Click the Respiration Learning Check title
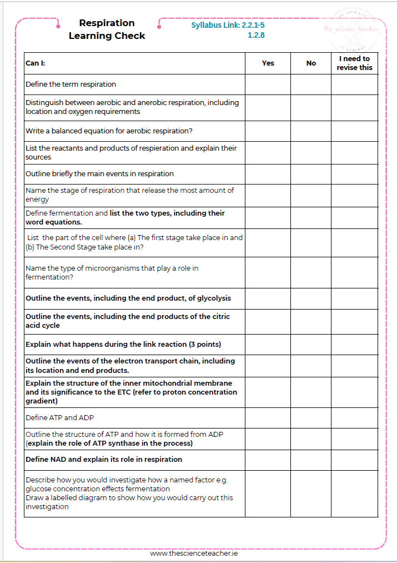[107, 29]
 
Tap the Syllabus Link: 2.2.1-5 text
[228, 25]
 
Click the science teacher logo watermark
[351, 29]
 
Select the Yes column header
[268, 63]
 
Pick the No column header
[311, 63]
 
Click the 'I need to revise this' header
[354, 63]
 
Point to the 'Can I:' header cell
[36, 63]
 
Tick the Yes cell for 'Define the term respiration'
[268, 84]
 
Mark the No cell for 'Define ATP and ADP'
[311, 418]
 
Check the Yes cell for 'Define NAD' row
[268, 460]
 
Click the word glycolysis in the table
[214, 298]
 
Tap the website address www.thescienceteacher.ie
[194, 554]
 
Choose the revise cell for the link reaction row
[354, 345]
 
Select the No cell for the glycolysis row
[311, 298]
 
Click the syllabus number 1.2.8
[256, 35]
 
